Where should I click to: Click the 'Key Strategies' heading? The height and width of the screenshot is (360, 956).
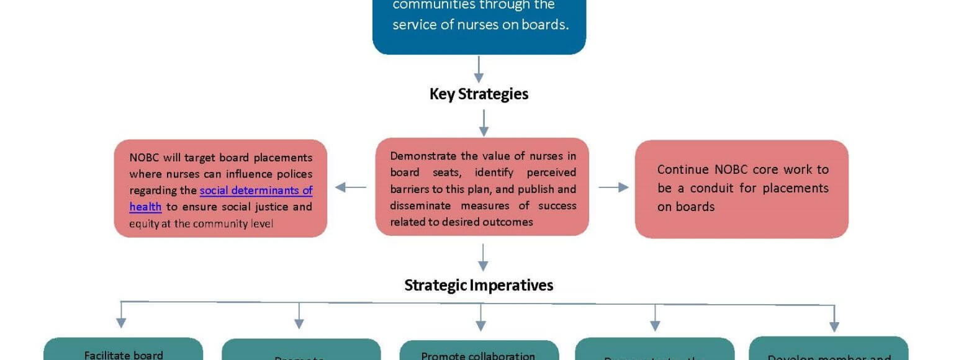[479, 94]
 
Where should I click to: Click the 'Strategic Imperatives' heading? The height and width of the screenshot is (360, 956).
[479, 285]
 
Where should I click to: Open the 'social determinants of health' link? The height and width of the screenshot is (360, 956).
[256, 191]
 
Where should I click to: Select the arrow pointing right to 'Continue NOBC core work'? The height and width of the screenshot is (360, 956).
[613, 187]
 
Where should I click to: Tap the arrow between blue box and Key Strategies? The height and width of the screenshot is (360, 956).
[479, 69]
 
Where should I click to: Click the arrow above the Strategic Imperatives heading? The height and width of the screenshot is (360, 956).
[484, 257]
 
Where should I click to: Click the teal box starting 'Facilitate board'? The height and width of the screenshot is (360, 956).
[124, 349]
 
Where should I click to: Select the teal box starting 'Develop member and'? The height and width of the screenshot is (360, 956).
[829, 349]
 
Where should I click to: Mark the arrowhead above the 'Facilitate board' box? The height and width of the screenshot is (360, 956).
[121, 322]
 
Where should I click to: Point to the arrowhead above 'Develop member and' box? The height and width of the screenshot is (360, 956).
[834, 326]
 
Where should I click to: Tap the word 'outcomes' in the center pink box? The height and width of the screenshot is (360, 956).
[511, 222]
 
